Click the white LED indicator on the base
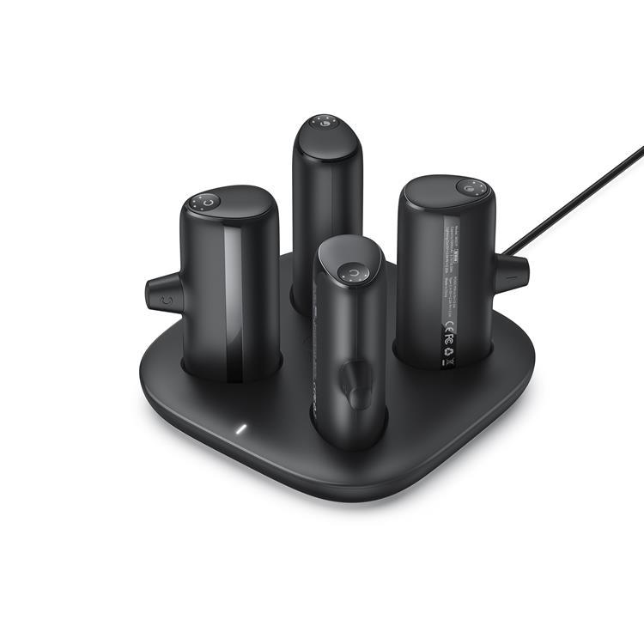pos(241,428)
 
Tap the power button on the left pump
pos(211,202)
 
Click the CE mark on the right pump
pos(447,331)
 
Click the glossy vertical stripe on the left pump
pos(233,301)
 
